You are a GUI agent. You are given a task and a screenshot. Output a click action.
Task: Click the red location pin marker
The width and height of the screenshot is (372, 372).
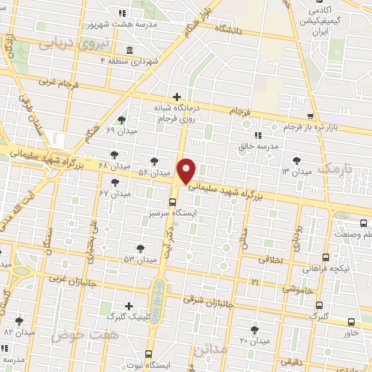[x=187, y=171]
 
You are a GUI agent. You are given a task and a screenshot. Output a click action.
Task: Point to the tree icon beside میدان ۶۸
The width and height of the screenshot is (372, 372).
[x=115, y=154]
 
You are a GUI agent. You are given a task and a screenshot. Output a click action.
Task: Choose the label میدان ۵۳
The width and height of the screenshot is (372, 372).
[x=139, y=259]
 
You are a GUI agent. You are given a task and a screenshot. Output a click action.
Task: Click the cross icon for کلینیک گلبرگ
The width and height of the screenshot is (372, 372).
[x=129, y=306]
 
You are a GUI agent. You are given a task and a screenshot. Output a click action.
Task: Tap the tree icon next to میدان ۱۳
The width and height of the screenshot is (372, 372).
[x=296, y=160]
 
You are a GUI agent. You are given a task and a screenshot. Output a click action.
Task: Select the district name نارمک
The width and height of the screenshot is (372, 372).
[x=339, y=170]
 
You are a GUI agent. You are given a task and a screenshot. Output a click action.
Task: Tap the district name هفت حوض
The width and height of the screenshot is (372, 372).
[x=76, y=335]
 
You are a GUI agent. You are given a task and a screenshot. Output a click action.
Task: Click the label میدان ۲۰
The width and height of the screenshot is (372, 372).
[x=254, y=341]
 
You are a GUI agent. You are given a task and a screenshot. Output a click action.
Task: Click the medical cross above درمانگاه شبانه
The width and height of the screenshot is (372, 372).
[x=177, y=97]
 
